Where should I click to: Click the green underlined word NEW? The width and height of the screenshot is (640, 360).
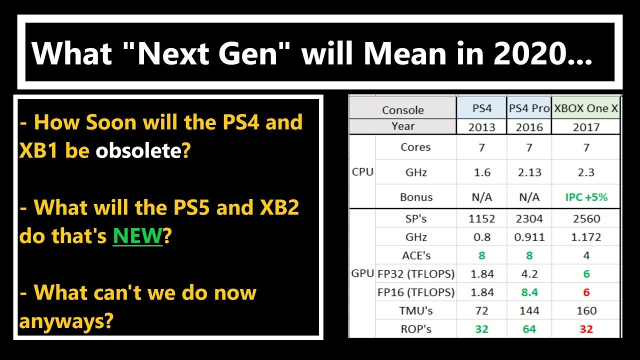137,235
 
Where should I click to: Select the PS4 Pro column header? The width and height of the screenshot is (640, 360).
529,108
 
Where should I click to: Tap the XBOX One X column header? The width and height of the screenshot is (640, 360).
586,108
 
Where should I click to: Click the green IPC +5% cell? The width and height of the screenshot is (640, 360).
586,197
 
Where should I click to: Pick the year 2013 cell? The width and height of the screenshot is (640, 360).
481,127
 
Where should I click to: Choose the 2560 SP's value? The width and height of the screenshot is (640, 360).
586,219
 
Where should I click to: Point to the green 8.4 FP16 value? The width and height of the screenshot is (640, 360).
529,292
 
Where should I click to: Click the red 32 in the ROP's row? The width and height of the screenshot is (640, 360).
586,329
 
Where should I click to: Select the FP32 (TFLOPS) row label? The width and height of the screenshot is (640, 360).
416,274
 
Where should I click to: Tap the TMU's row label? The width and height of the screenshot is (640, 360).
416,310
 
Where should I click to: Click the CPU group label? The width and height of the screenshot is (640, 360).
362,172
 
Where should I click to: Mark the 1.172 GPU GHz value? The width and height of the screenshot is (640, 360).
586,237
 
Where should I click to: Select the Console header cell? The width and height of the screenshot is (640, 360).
402,110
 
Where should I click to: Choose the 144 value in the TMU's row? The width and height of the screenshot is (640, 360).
529,310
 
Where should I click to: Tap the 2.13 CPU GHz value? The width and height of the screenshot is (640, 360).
529,172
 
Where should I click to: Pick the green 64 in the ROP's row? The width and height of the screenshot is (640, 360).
529,329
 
